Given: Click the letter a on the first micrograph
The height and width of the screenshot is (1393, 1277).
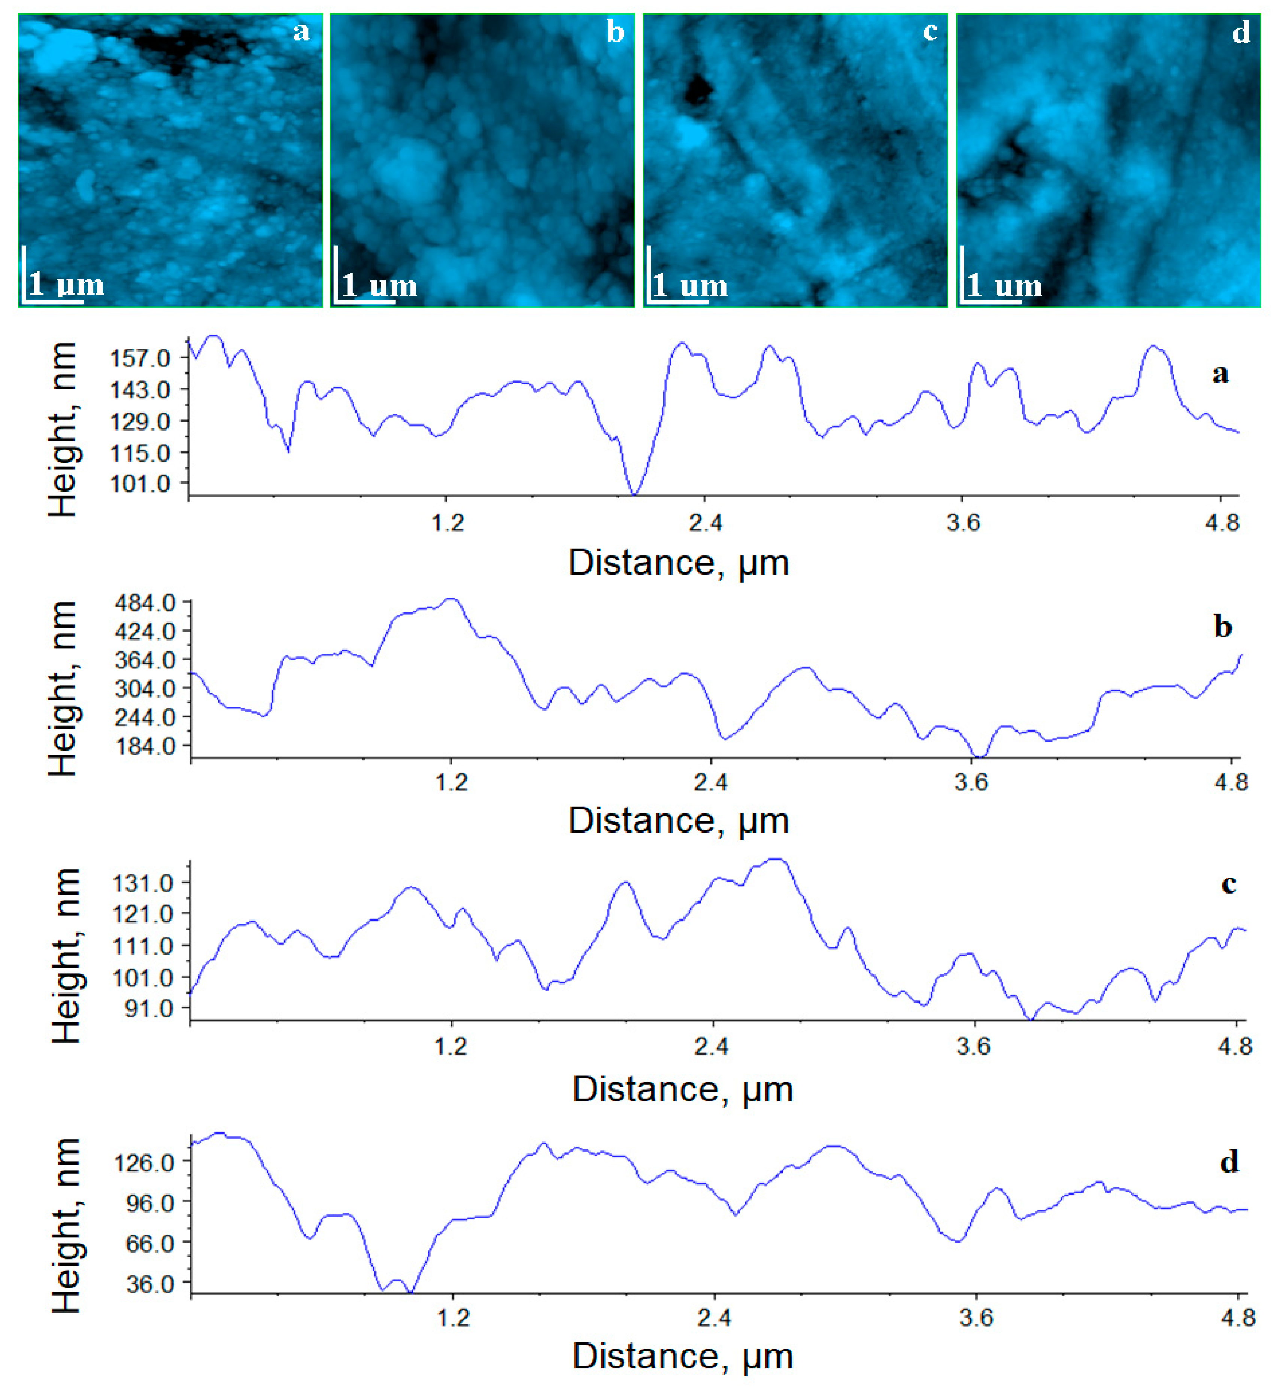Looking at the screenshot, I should coord(301,32).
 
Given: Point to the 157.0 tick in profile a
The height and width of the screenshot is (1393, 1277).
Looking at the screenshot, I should coord(140,359).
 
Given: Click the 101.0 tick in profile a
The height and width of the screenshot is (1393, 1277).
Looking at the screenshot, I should coord(140,484).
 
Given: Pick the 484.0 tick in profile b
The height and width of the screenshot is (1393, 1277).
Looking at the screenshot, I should coord(145,603).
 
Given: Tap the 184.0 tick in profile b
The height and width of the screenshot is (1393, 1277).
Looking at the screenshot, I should coord(145,746).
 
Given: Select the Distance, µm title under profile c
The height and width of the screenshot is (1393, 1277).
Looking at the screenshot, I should coord(683,1090).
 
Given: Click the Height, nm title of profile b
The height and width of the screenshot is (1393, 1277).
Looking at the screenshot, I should coord(64,688).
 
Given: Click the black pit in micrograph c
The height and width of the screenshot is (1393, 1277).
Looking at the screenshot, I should coord(698,90).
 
